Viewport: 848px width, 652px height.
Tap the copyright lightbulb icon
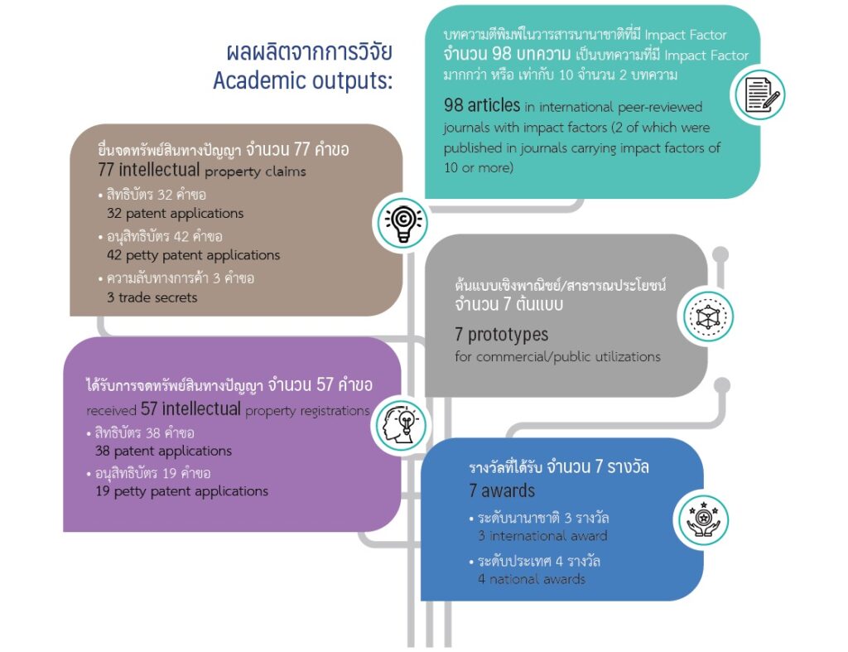[x=403, y=222]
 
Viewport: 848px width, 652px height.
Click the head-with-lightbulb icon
[x=400, y=425]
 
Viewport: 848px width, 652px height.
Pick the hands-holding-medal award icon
[x=703, y=520]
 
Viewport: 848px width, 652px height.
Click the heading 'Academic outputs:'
[x=303, y=80]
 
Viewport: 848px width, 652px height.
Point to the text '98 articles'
[x=482, y=105]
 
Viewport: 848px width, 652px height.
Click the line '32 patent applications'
[x=176, y=213]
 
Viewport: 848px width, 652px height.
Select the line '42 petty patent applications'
[x=194, y=255]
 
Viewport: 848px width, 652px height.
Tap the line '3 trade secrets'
[x=152, y=297]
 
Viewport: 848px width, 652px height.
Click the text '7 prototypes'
[x=501, y=335]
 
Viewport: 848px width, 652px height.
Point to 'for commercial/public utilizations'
[x=557, y=356]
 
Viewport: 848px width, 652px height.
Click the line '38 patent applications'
[x=163, y=451]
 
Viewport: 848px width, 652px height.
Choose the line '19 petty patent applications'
[x=181, y=491]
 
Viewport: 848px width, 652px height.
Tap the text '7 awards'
[x=502, y=490]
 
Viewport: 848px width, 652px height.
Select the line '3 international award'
[x=542, y=536]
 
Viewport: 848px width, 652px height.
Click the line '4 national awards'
[x=532, y=579]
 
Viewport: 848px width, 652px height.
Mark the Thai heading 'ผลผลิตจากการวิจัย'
[x=309, y=52]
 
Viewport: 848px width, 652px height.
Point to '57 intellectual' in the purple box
[x=190, y=408]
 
